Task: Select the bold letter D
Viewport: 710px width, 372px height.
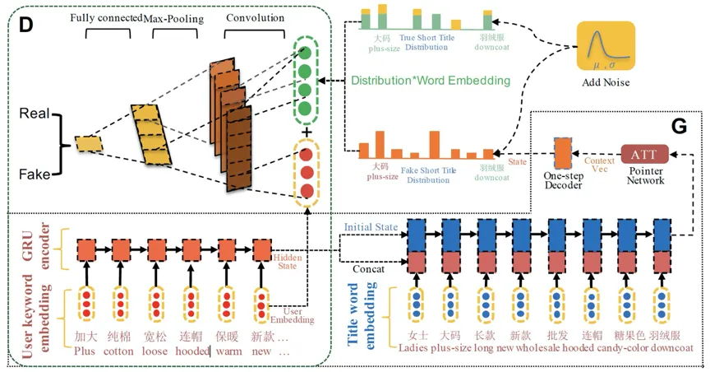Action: point(25,24)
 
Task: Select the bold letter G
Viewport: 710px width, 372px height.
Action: point(679,126)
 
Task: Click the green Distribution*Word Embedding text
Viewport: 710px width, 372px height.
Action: point(430,81)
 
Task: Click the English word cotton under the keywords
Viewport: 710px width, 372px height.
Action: point(118,351)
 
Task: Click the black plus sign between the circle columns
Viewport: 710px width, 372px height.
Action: point(307,133)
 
